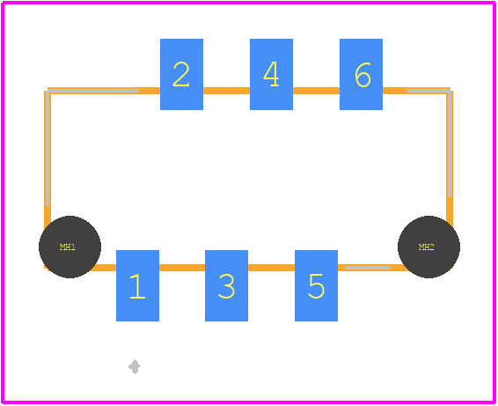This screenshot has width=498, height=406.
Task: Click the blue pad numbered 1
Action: (137, 285)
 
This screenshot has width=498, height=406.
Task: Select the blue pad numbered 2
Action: (181, 74)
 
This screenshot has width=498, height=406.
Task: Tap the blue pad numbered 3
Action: (226, 285)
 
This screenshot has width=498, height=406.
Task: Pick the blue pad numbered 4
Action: (271, 74)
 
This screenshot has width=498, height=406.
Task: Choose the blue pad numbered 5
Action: (317, 285)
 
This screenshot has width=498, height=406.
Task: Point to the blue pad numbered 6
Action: (361, 74)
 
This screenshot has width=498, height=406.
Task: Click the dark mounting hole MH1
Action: (70, 247)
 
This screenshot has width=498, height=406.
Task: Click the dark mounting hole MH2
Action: (428, 247)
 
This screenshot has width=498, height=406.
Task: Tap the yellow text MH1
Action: (68, 247)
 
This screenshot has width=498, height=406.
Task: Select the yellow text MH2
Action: (427, 247)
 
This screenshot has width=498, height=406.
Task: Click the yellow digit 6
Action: (363, 75)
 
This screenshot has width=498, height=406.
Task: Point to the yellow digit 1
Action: (137, 286)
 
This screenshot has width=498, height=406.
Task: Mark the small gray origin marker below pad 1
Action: (135, 367)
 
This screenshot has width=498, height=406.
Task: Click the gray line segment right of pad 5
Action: (368, 268)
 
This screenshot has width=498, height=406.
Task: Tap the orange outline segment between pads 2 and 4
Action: (226, 91)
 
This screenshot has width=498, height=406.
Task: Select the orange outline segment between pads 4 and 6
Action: (317, 91)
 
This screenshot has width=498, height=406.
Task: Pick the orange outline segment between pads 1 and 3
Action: (182, 268)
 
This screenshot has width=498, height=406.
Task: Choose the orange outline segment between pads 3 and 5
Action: (271, 268)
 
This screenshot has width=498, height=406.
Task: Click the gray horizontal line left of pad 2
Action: (93, 91)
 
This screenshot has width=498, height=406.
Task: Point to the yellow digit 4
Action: (271, 74)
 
